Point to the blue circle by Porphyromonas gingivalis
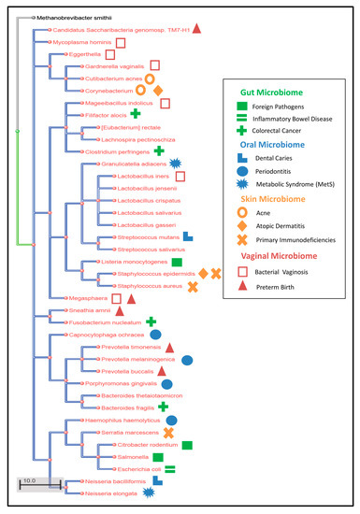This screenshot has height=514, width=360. [166, 383]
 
